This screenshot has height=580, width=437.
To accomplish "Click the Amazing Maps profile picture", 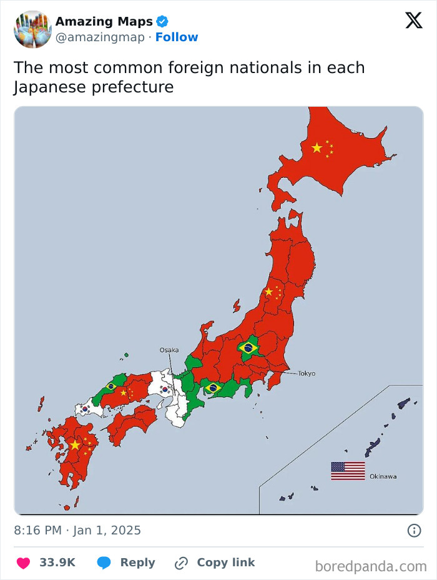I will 32,29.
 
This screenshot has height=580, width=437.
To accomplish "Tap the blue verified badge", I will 162,22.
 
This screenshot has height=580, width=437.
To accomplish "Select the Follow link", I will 177,37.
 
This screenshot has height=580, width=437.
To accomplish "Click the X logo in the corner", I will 413,21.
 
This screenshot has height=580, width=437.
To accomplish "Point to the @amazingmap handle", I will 100,37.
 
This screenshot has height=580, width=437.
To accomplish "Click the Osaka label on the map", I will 169,350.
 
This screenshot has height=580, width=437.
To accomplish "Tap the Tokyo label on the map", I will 307,373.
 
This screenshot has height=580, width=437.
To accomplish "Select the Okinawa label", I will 383,476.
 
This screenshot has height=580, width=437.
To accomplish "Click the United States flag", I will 348,471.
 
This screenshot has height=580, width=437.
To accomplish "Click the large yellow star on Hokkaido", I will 317,148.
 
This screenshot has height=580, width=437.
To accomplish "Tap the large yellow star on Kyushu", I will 76,445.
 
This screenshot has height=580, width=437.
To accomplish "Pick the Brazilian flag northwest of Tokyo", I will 248,348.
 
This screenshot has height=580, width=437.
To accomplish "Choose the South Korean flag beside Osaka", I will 165,390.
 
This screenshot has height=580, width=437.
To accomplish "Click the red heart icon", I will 23,563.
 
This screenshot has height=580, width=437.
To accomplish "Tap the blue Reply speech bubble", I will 104,563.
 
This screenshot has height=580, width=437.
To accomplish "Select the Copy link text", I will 225,563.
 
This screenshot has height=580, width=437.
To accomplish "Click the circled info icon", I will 413,531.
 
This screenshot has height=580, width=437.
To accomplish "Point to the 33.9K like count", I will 57,563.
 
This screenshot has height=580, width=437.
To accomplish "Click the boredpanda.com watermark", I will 371,566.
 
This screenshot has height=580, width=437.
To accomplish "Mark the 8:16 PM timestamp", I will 38,531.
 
